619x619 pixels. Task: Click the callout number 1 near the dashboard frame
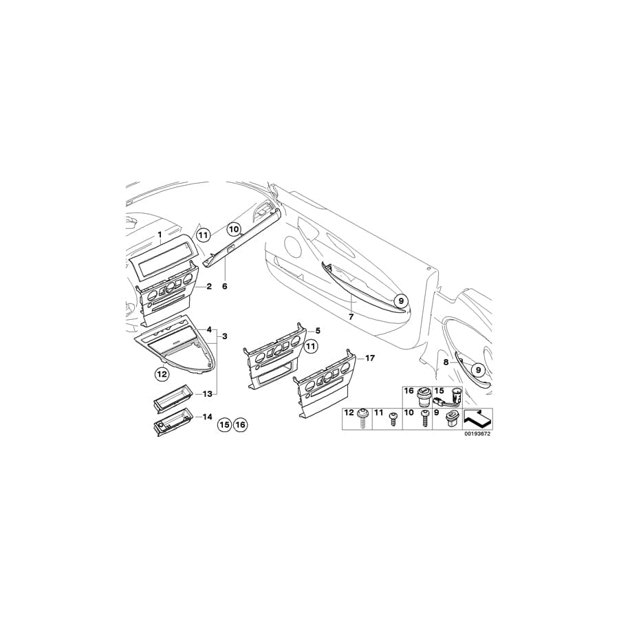pos(160,235)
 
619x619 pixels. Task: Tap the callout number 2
pos(209,286)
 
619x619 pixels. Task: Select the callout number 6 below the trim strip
pos(225,286)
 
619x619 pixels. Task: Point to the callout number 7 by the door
pos(351,316)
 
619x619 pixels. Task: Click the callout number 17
pos(369,358)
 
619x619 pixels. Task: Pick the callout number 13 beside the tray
pos(207,393)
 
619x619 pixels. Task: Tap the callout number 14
pos(207,417)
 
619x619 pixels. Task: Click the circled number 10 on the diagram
pos(234,228)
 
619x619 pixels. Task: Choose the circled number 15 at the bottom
pos(224,425)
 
